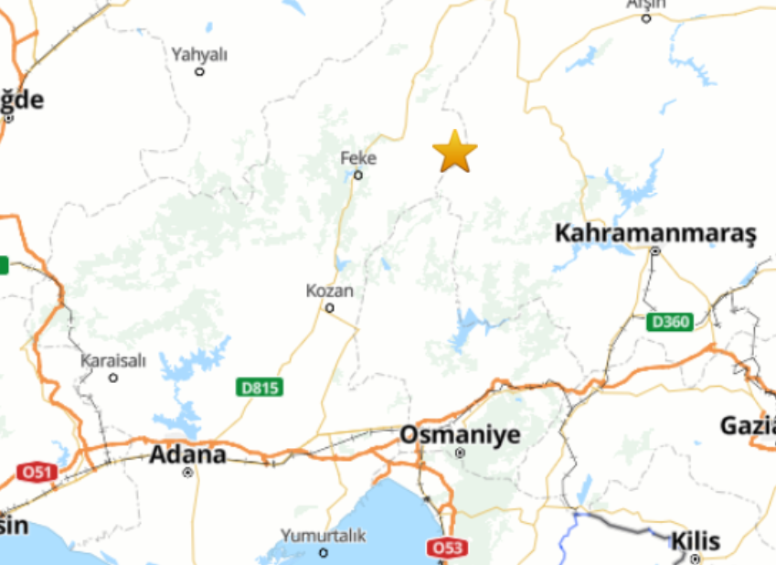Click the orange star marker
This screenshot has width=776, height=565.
(454, 152)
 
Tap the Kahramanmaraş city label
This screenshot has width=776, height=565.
(655, 234)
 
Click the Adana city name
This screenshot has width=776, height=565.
(187, 453)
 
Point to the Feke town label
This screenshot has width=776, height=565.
(358, 158)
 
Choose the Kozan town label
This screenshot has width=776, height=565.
(329, 291)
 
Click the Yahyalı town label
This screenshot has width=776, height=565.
(199, 55)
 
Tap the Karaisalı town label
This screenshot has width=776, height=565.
(113, 360)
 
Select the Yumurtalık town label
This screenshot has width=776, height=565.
(323, 535)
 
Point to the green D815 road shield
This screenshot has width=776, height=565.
(260, 388)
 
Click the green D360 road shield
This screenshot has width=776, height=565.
(669, 322)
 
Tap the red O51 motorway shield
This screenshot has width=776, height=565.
(37, 472)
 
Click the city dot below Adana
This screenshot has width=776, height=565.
(187, 473)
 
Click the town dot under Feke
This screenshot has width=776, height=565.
(358, 175)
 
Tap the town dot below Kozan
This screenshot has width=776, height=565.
(329, 308)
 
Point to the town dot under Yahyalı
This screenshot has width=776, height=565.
(199, 71)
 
